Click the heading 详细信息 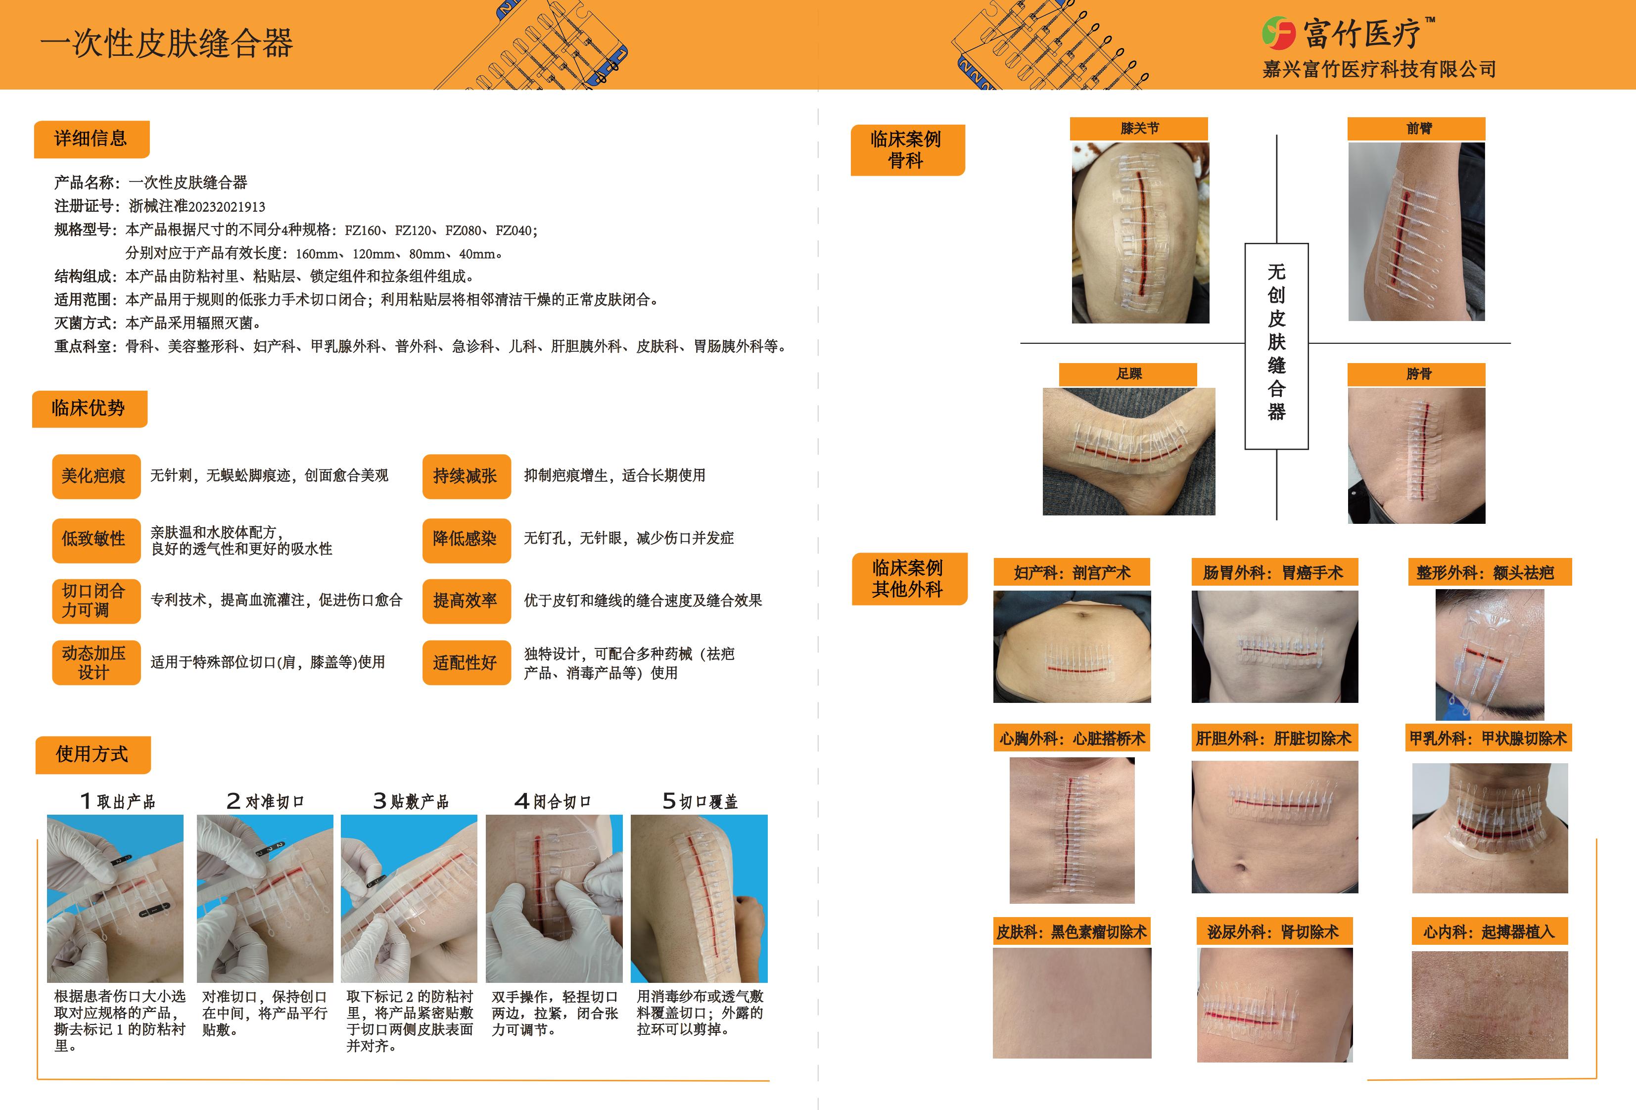pyautogui.click(x=91, y=139)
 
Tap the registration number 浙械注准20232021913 pyautogui.click(x=197, y=206)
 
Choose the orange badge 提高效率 pyautogui.click(x=466, y=601)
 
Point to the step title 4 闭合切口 pyautogui.click(x=553, y=801)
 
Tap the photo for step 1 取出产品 pyautogui.click(x=115, y=898)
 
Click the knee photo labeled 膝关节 pyautogui.click(x=1140, y=233)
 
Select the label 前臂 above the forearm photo pyautogui.click(x=1416, y=129)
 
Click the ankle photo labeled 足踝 pyautogui.click(x=1128, y=451)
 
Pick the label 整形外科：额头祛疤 pyautogui.click(x=1485, y=573)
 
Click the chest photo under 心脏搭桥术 pyautogui.click(x=1072, y=831)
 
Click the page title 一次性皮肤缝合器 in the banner pyautogui.click(x=167, y=44)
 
